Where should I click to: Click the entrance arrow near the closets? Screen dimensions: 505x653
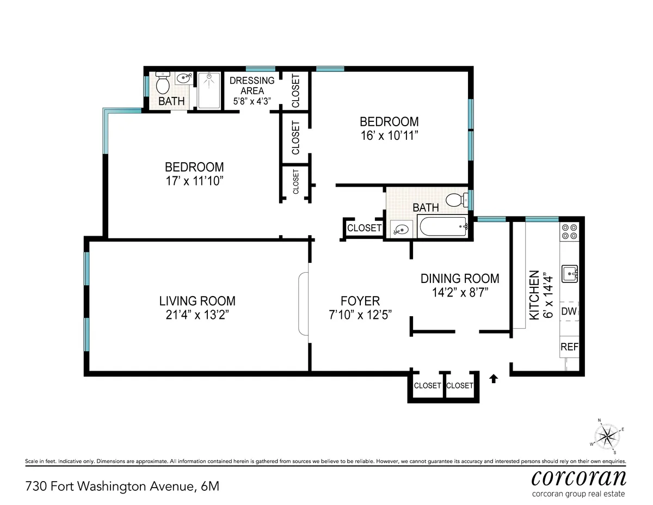[x=494, y=379]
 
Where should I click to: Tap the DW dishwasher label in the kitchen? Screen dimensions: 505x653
[x=569, y=312]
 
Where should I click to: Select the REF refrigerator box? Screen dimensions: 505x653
[x=569, y=347]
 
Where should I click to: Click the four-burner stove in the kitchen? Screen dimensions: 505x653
[x=569, y=232]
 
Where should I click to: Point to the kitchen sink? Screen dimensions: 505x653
[x=570, y=273]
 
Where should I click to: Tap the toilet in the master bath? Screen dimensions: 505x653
[x=163, y=83]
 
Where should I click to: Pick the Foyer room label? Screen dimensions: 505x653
[x=360, y=301]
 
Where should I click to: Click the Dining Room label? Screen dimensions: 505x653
[x=460, y=279]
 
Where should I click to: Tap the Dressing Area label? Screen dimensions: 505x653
[x=252, y=86]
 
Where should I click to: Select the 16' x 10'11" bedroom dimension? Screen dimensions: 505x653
[x=389, y=136]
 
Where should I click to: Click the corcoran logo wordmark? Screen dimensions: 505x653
[x=578, y=477]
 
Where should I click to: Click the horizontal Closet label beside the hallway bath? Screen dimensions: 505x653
[x=364, y=228]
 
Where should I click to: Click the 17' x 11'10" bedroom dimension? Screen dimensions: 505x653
[x=194, y=181]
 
